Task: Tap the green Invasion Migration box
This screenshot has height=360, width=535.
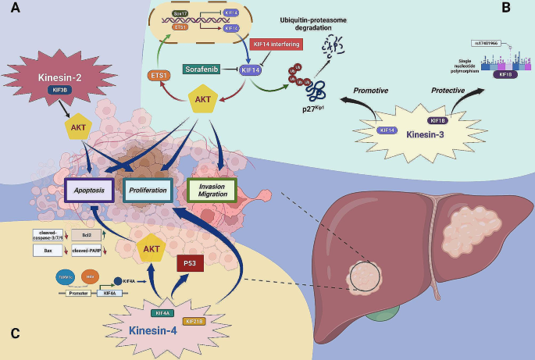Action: [x=213, y=190]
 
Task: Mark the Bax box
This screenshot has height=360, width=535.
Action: [x=48, y=250]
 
